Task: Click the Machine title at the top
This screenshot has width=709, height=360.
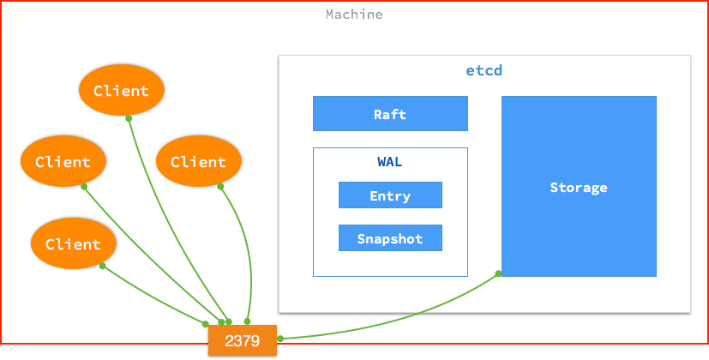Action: pos(354,15)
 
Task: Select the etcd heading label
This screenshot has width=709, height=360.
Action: pos(484,70)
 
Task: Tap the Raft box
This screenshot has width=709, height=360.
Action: pos(390,114)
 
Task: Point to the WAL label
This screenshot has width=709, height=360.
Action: pos(390,162)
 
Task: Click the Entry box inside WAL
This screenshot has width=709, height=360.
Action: pos(390,195)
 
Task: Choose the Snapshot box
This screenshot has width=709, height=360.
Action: pos(390,238)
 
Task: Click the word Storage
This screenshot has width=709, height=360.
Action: pos(579,187)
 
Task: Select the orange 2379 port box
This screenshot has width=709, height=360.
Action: pos(243,340)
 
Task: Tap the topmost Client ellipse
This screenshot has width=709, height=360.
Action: pos(121,91)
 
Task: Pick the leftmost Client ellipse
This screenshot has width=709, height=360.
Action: pos(63,162)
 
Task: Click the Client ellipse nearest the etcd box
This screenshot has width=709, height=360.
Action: pos(198,162)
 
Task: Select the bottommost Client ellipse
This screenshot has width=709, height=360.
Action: pos(73,244)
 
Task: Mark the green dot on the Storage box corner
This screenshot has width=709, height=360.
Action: pos(499,274)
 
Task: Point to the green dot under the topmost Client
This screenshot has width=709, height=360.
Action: pos(129,117)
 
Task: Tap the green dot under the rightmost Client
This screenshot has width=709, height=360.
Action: pos(220,186)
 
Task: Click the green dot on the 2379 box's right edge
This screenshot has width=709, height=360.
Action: pos(279,339)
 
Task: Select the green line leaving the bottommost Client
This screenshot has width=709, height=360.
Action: pos(154,296)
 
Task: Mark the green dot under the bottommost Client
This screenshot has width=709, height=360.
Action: pos(102,266)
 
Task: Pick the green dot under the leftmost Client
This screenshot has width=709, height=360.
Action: pos(83,185)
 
